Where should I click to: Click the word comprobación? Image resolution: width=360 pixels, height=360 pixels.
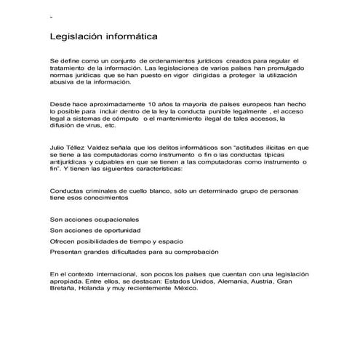[191, 252]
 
